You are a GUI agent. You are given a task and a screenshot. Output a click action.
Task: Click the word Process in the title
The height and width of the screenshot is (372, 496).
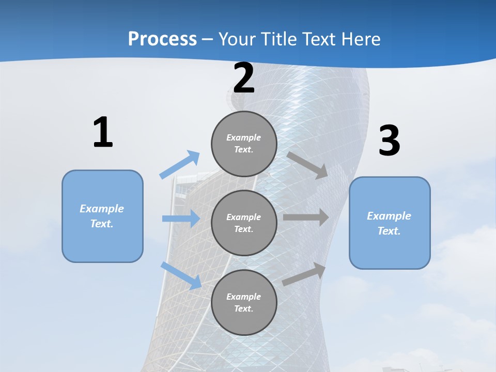[x=162, y=39]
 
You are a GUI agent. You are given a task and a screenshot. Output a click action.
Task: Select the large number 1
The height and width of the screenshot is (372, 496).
[x=103, y=133]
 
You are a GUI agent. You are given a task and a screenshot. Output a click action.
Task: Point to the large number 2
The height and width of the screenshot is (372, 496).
[x=244, y=78]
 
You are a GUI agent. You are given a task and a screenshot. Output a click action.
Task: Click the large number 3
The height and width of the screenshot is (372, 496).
[x=389, y=141]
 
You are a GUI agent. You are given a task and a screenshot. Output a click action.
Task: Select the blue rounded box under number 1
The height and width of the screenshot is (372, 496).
[x=102, y=216]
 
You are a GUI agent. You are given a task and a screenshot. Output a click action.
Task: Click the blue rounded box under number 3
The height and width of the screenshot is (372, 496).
[x=390, y=223]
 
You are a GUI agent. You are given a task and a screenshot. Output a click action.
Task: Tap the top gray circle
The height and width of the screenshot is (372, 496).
[x=244, y=144]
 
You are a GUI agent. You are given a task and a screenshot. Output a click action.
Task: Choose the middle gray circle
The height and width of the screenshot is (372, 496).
[x=244, y=223]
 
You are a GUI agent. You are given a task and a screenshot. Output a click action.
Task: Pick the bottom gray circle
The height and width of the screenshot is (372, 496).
[x=244, y=302]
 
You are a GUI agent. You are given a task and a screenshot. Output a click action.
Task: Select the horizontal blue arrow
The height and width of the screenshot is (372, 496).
[x=181, y=219]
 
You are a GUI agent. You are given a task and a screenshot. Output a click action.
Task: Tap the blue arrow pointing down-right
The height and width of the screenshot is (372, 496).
[x=181, y=275]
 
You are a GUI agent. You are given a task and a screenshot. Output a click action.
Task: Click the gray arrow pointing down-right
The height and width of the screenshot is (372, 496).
[x=307, y=165]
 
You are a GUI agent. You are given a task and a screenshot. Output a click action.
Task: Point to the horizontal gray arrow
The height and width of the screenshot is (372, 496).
[x=306, y=218]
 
